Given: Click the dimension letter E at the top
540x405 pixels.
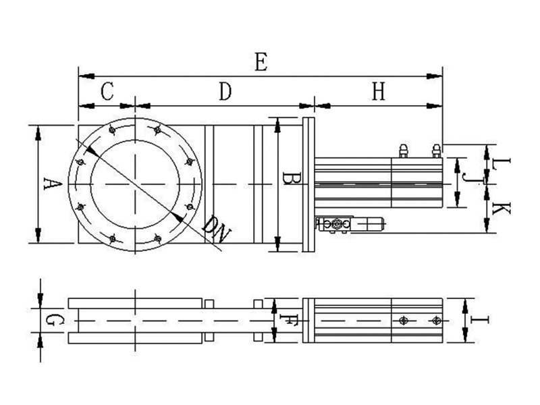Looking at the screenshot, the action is pos(261,63).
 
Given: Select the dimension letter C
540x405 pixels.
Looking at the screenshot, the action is pos(107,92).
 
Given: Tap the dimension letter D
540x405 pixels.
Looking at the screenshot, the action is pos(225,92).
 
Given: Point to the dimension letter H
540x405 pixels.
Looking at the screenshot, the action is pos(378,92).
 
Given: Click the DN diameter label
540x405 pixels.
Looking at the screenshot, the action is pos(215,230).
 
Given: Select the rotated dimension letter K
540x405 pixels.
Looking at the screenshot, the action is pos(501,209).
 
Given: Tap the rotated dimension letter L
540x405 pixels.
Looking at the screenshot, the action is pos(501,163).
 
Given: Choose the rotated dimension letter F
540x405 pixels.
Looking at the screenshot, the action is pos(288,320).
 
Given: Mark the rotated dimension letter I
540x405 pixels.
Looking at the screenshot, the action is pos(480,320).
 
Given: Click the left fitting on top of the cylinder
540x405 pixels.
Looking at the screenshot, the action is pos(404,151).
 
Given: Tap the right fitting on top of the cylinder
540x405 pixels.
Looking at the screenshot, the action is pos(436,151).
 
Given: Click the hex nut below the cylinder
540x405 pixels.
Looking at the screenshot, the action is pos(336,225).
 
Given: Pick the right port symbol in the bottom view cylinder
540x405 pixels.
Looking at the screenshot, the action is pos(436,321).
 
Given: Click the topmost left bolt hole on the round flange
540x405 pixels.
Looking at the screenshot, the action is pos(112,130).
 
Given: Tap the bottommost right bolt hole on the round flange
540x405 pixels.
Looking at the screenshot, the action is pos(158,238).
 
